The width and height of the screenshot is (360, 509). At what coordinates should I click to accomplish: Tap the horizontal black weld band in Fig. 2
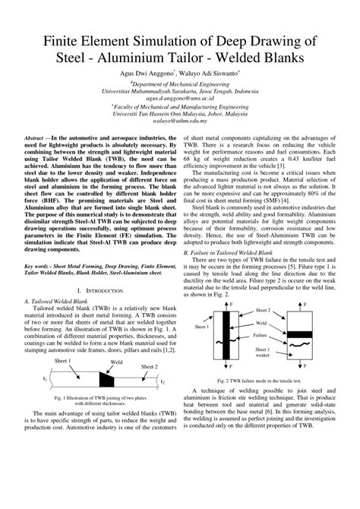[x=303, y=312]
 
